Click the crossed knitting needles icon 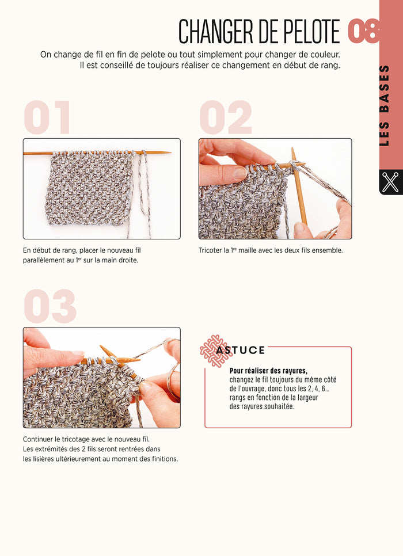pos(390,182)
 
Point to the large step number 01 pos(47,118)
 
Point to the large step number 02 pos(226,118)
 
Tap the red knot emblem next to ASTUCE pos(212,348)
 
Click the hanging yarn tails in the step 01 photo pos(142,196)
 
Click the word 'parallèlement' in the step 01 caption pos(48,260)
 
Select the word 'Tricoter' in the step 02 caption pos(211,250)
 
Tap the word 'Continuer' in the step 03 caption pos(40,439)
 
